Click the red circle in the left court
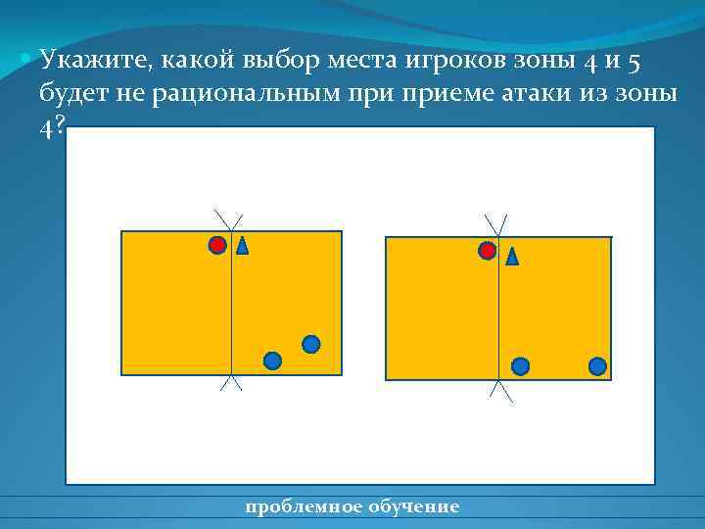[x=217, y=245]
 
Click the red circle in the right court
[x=487, y=251]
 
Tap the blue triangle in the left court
[x=242, y=245]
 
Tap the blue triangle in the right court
[x=511, y=257]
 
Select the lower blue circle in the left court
[x=273, y=361]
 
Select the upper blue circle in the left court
[x=310, y=344]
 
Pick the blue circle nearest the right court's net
[x=521, y=366]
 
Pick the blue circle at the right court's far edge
[x=597, y=366]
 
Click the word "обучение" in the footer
[x=412, y=506]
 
